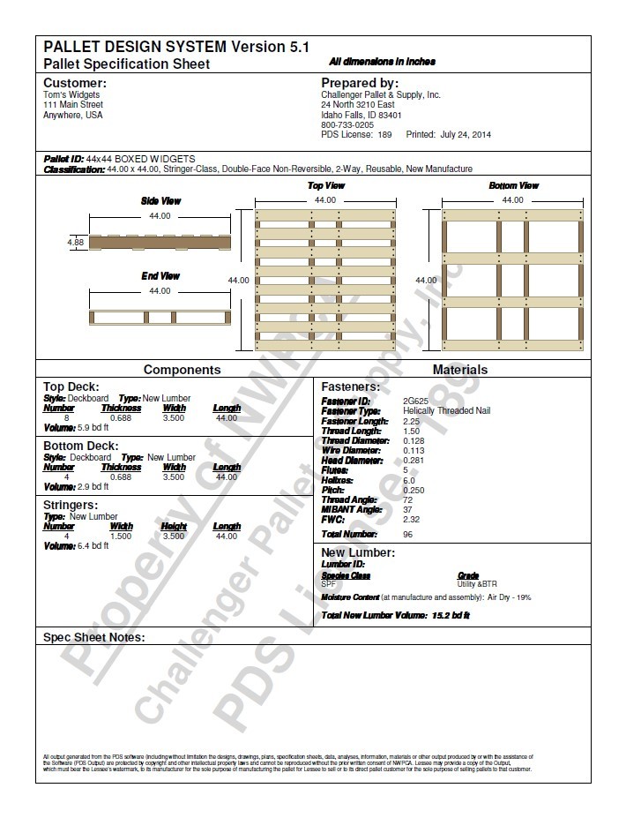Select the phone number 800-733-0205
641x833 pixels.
pos(347,124)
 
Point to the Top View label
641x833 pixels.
pos(325,186)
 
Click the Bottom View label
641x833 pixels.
pos(513,186)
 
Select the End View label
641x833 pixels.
pos(160,276)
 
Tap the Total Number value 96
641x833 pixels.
pos(407,535)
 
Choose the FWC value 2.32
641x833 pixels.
pos(410,519)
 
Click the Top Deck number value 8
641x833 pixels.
pos(59,417)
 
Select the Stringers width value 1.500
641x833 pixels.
pos(121,536)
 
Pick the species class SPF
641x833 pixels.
pos(328,584)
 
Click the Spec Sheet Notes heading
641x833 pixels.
pos(94,637)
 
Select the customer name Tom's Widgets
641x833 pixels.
pos(71,94)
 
